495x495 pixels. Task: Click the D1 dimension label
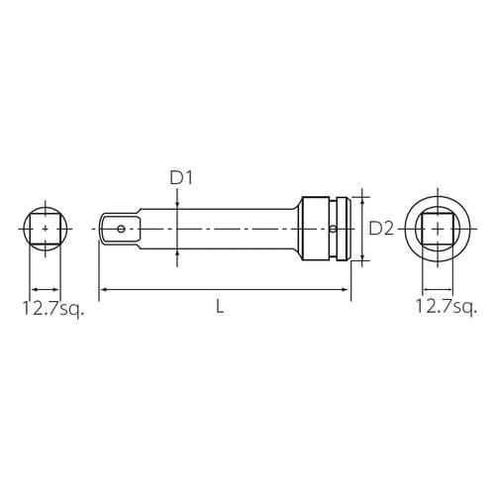pos(179,178)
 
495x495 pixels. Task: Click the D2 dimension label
pos(382,229)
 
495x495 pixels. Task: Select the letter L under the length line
pos(220,307)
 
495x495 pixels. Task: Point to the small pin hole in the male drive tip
pos(121,229)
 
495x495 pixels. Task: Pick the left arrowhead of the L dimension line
pos(103,290)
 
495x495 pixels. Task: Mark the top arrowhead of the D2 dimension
pos(363,195)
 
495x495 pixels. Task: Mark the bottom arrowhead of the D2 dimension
pos(363,261)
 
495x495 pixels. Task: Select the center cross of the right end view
pos(437,229)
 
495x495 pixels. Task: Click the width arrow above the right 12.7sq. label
pos(437,282)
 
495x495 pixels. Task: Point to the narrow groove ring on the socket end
pos(344,229)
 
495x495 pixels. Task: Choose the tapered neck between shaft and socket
pos(299,229)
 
